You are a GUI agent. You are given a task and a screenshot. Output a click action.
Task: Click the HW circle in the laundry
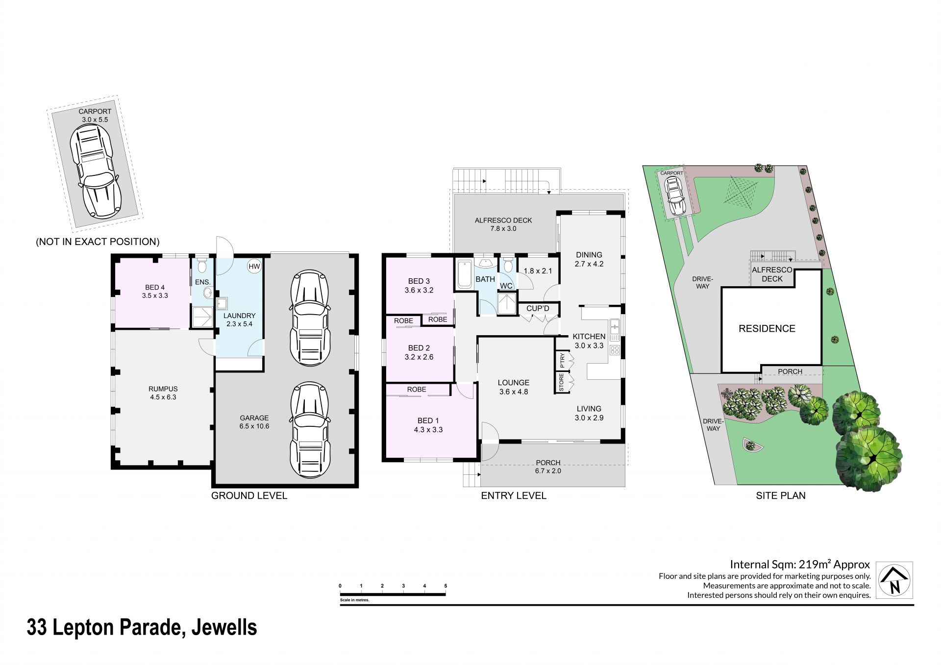point(254,267)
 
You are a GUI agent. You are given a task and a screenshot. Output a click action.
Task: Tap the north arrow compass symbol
point(894,580)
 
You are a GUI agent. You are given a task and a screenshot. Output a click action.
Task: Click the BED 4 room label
point(155,287)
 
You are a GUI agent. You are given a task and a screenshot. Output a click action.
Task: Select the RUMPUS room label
point(163,389)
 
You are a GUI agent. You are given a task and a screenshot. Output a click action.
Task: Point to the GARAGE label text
point(254,418)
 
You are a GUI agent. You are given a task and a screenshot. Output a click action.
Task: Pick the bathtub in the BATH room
point(464,275)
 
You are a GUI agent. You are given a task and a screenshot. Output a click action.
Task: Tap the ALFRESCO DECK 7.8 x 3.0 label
point(503,224)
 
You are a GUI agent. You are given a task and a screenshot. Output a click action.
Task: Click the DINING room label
point(589,255)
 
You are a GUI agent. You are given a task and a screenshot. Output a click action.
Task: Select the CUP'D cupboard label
point(538,308)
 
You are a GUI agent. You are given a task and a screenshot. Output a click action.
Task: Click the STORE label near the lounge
point(562,383)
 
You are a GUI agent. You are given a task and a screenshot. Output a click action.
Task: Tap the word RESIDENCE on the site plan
point(767,329)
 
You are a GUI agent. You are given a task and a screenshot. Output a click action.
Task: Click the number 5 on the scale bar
point(446,586)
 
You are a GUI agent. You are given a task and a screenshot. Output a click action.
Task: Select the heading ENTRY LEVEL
point(514,495)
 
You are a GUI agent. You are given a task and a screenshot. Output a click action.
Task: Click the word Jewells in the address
point(224,628)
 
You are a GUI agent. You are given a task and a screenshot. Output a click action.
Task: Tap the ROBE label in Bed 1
point(417,390)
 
